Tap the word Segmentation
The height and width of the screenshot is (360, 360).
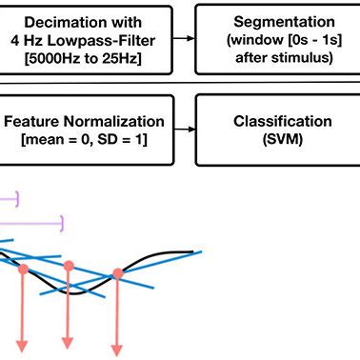(276, 21)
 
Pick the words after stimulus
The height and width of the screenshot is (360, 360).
(276, 57)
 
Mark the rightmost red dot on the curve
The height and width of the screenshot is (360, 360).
(117, 274)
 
